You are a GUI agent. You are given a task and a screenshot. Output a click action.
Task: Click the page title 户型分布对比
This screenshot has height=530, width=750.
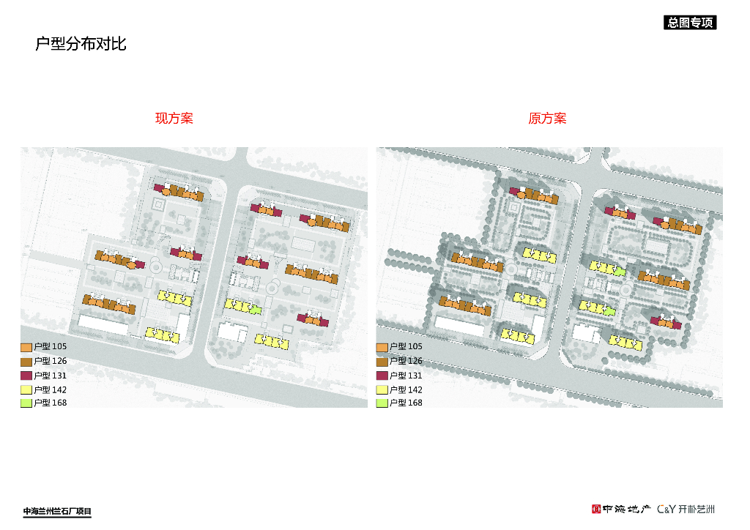pos(81,44)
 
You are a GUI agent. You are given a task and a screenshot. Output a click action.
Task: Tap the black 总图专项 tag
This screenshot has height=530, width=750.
pos(689,23)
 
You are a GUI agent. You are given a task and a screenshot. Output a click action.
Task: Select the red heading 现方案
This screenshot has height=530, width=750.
pos(174,119)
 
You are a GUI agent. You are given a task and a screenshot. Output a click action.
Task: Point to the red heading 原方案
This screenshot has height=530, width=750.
pos(547,119)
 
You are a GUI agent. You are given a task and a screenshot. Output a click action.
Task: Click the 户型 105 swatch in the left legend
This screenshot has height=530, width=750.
pos(26,347)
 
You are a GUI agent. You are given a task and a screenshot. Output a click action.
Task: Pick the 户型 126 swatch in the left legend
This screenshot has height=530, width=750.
pos(26,361)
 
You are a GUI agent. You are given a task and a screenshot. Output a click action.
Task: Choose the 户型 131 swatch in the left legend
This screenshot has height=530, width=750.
pos(26,376)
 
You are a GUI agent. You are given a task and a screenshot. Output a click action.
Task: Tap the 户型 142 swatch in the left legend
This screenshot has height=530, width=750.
pos(26,389)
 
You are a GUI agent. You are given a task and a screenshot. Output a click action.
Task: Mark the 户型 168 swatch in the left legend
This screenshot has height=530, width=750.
pos(26,403)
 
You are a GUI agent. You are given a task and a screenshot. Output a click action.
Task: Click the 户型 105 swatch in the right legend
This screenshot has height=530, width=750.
pos(382,347)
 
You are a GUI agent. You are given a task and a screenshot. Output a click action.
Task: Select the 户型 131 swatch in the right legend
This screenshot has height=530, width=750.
pos(382,376)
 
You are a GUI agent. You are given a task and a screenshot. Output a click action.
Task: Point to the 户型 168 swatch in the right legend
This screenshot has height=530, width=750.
pos(382,403)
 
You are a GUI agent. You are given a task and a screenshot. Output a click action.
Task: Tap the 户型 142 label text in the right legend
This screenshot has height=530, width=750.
pos(406,389)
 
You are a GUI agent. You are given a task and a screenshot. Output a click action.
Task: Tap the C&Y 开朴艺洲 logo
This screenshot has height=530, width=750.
pos(686,509)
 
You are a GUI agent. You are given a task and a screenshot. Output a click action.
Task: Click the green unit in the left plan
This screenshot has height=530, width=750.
pos(255,309)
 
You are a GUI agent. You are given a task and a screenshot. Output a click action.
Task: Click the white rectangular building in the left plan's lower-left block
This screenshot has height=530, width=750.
pos(103,324)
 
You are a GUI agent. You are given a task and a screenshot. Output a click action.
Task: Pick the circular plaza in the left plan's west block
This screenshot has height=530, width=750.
pos(155,269)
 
